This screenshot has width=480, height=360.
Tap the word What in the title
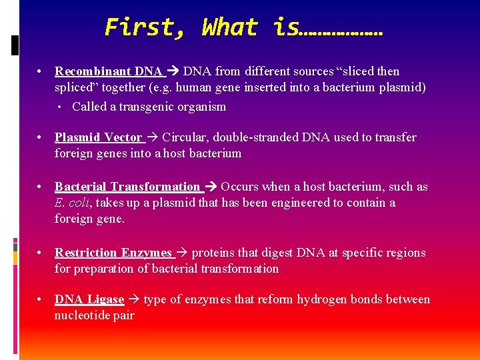(x=229, y=27)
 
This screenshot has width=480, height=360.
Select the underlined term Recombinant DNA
(x=108, y=71)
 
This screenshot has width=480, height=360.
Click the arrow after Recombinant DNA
(x=174, y=71)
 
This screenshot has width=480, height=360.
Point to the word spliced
(x=75, y=87)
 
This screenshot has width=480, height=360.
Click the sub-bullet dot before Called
(x=60, y=107)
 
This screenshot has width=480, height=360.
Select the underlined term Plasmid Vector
(x=98, y=137)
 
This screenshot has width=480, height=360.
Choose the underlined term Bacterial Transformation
(x=127, y=187)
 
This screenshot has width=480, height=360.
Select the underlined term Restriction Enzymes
(x=113, y=253)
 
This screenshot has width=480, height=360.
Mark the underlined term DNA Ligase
(x=89, y=299)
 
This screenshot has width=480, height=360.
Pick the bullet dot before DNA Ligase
(x=41, y=299)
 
